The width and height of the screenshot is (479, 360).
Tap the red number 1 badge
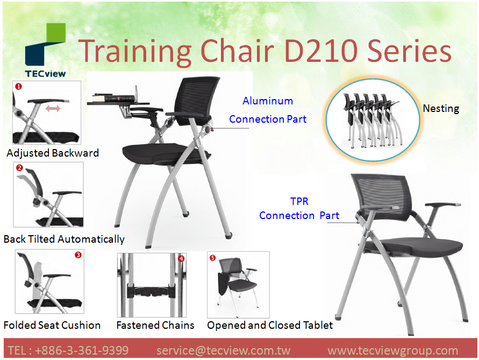(18, 86)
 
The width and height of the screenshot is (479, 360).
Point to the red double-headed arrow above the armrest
(53, 109)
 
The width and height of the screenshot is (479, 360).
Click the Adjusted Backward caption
(53, 153)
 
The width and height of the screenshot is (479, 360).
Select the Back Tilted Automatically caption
(64, 239)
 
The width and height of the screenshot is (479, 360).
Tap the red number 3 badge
(78, 256)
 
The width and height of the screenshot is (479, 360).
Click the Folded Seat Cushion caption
(52, 325)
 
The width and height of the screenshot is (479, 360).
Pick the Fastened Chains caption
(155, 325)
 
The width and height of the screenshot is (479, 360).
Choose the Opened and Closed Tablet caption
(270, 325)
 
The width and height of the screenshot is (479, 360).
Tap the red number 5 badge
(212, 258)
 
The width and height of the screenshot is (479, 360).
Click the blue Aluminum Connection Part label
(268, 110)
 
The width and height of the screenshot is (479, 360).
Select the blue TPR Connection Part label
(299, 209)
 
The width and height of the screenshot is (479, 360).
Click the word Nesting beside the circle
(441, 108)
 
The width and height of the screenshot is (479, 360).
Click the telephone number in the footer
(68, 351)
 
